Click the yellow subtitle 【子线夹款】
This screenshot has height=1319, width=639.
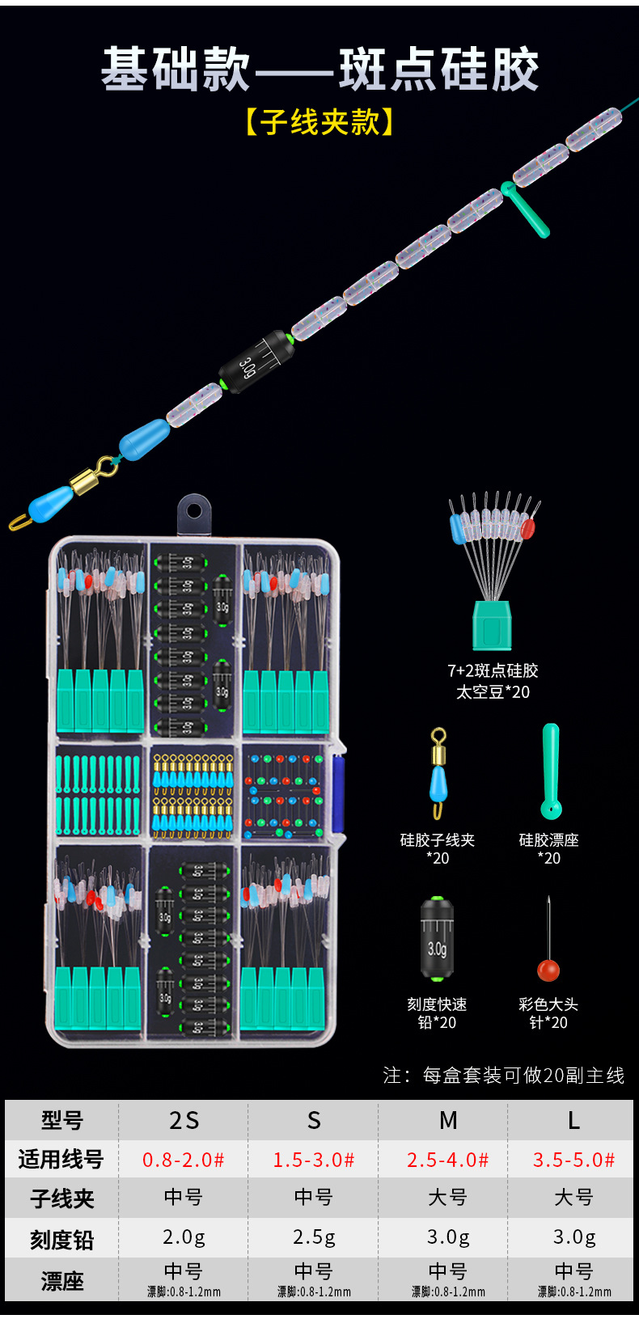tap(319, 122)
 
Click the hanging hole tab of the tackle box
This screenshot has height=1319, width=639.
tap(194, 512)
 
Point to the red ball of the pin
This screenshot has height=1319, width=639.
tap(548, 970)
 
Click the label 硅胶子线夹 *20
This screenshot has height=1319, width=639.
tap(437, 849)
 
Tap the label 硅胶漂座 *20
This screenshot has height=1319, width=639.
tap(549, 849)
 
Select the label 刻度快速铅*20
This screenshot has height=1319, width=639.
tap(437, 1013)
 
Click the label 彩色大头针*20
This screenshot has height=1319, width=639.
tap(548, 1013)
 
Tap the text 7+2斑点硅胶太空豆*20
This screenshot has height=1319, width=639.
tap(493, 681)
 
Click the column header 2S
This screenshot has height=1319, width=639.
tap(184, 1120)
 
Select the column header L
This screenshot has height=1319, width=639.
tap(573, 1120)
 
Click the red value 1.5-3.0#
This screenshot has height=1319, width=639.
tap(314, 1160)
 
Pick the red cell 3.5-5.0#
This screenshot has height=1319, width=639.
tap(573, 1160)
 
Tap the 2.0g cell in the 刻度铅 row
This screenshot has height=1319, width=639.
tap(184, 1237)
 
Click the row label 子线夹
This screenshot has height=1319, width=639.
tap(62, 1198)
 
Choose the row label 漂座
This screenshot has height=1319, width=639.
tap(62, 1281)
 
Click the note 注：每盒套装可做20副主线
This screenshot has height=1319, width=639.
tap(503, 1076)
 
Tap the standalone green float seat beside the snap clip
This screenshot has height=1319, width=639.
tap(551, 772)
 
